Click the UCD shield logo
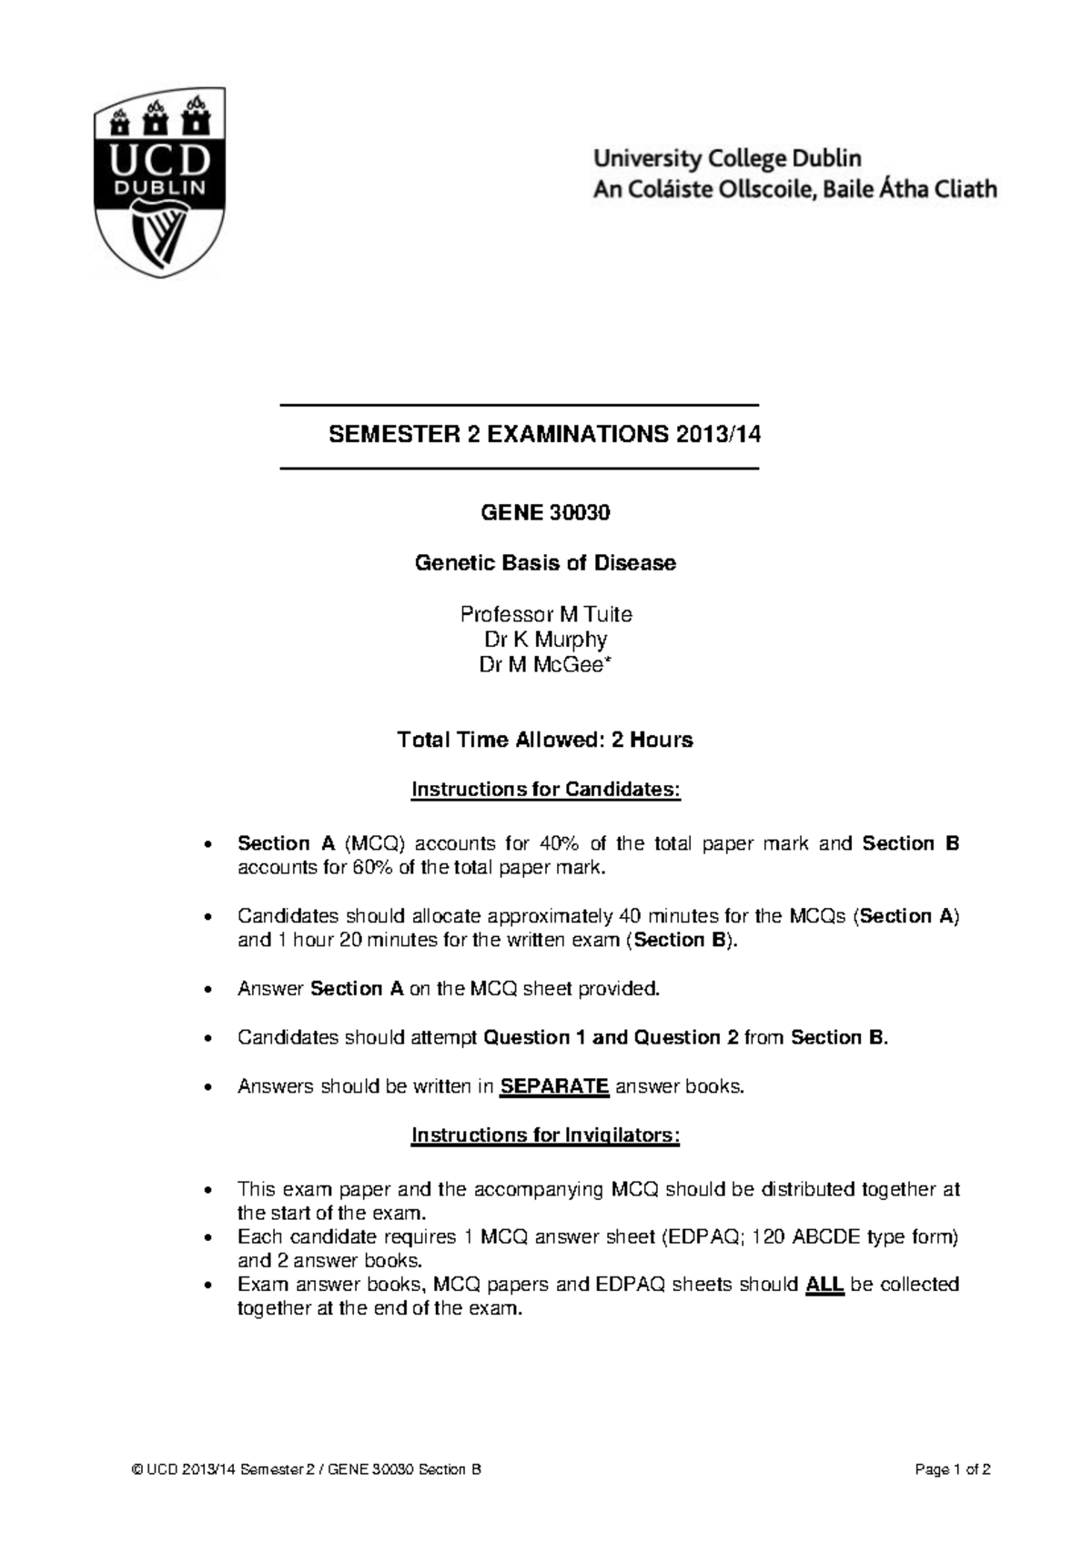[x=160, y=182]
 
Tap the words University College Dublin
[x=726, y=158]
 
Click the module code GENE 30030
[x=545, y=513]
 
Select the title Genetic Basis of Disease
[x=545, y=563]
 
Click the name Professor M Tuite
[x=545, y=614]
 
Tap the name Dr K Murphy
[x=545, y=640]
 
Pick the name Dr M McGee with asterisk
[x=545, y=665]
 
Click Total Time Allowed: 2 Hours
[x=545, y=740]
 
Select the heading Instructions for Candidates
[x=545, y=789]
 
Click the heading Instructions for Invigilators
[x=545, y=1135]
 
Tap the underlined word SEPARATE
[x=555, y=1086]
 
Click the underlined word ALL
[x=825, y=1285]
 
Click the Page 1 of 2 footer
[x=953, y=1469]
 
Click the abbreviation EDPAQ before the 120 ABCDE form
[x=699, y=1237]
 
